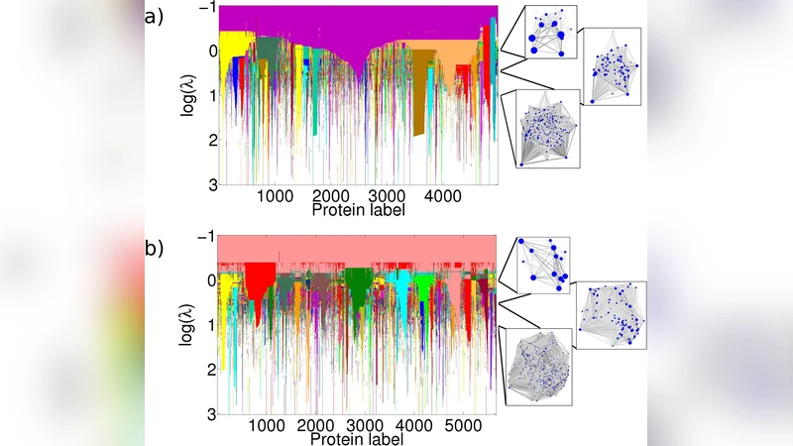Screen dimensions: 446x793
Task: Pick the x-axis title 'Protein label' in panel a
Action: (357, 210)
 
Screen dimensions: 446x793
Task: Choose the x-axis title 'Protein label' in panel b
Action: (357, 437)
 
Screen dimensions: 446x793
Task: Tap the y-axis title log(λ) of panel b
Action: (187, 322)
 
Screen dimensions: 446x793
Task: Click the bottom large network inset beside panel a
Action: (541, 129)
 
